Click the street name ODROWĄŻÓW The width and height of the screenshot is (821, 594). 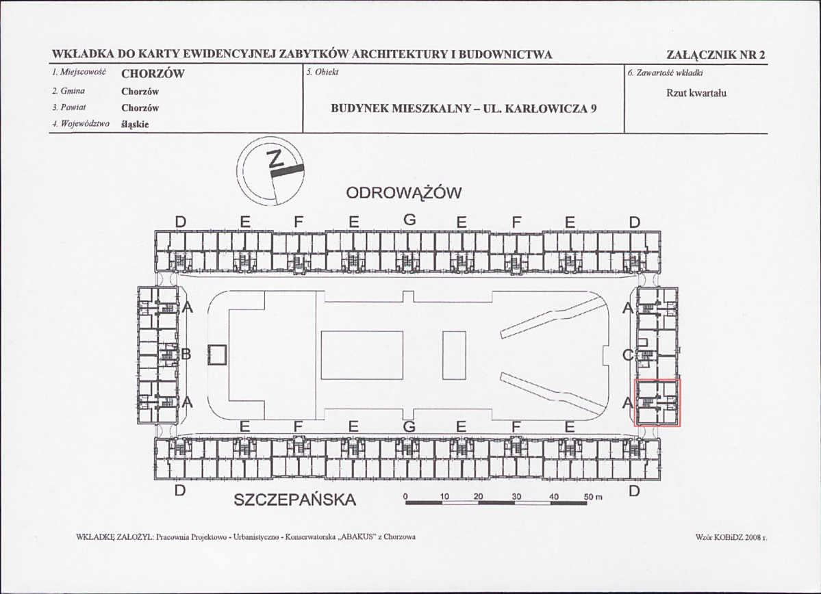click(404, 194)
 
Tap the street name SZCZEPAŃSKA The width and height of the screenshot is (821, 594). click(295, 500)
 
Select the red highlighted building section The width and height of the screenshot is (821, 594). click(657, 403)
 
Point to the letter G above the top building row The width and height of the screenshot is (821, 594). click(409, 220)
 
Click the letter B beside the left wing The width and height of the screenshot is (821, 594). click(186, 355)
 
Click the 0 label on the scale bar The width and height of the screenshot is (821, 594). click(405, 496)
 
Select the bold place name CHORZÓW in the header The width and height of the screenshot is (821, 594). click(153, 74)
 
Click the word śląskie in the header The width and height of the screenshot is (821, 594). click(135, 125)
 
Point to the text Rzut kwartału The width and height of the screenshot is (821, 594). click(696, 94)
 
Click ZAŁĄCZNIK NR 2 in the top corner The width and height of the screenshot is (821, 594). click(717, 55)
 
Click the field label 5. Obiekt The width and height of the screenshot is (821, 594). click(323, 73)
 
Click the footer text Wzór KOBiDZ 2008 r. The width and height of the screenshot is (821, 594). click(731, 537)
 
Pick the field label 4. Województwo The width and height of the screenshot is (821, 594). click(81, 124)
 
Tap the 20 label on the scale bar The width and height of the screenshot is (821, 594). click(478, 496)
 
